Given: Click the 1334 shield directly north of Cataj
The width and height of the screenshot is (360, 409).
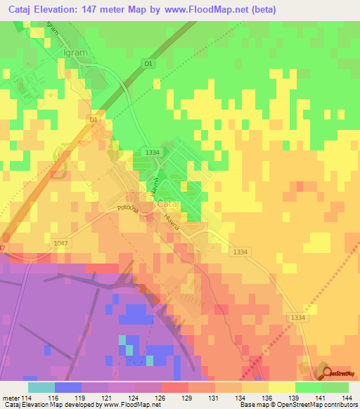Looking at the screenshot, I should [x=151, y=152].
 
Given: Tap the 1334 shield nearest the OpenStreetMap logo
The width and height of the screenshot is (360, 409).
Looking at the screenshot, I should [x=297, y=318].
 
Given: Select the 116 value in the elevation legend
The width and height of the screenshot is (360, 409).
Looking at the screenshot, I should [x=54, y=398].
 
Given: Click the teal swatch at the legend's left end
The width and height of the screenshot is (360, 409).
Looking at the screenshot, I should [x=41, y=387].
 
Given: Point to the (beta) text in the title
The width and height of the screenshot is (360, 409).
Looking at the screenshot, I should [x=259, y=10].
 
